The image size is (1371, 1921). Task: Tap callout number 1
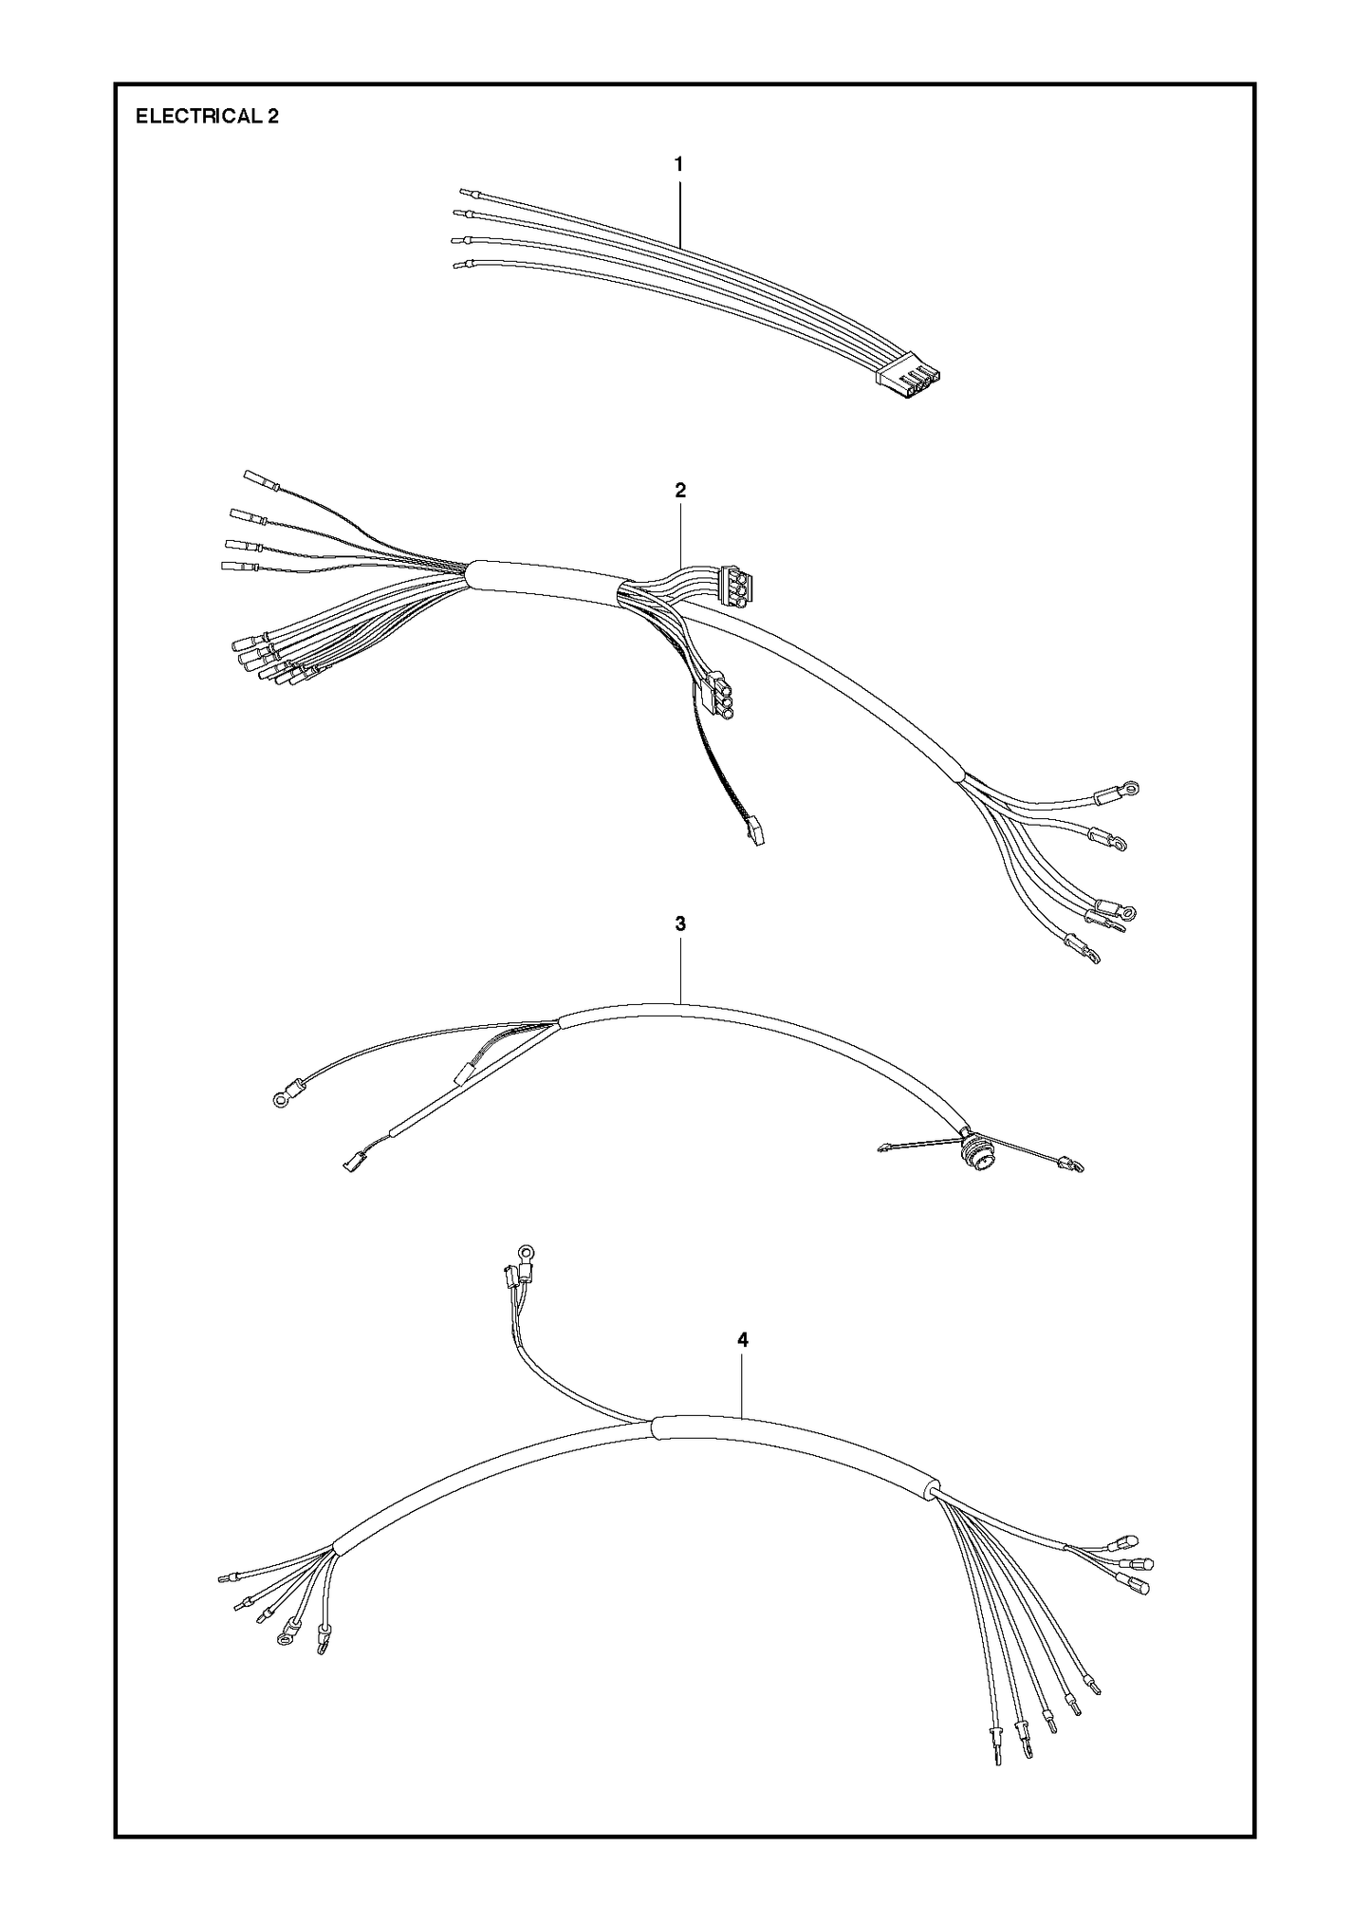(678, 164)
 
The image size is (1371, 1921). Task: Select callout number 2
(679, 491)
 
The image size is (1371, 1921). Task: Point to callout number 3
(680, 923)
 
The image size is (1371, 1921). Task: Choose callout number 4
(743, 1340)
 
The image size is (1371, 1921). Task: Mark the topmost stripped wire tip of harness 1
(464, 192)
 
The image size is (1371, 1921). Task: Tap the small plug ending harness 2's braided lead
(753, 832)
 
